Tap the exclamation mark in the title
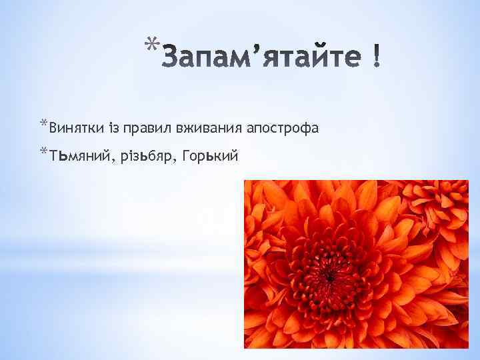click(377, 59)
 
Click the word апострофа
click(282, 127)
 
